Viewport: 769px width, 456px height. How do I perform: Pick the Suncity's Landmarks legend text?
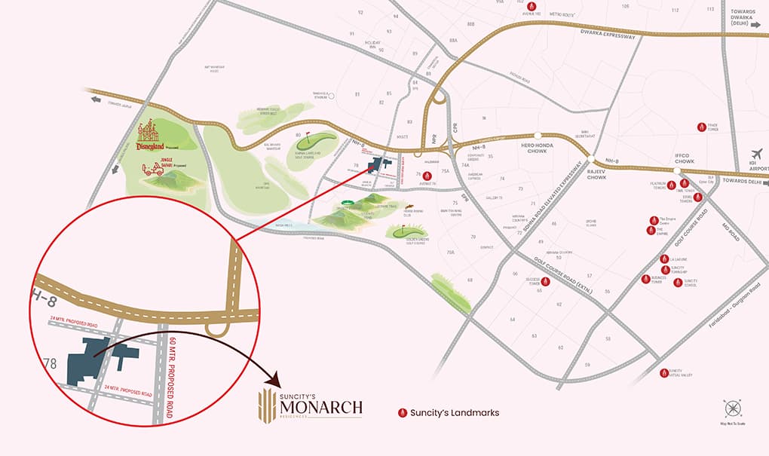455,412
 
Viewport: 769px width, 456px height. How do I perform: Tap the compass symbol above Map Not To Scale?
733,409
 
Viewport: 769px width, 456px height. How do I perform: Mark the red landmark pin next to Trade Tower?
701,127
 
